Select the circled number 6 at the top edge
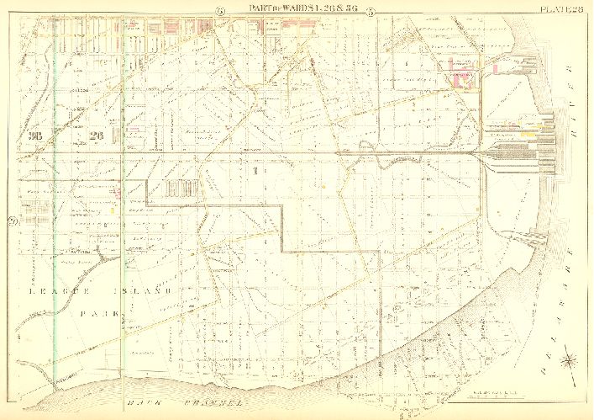(220, 11)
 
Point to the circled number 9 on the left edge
(12, 222)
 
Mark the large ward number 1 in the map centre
(253, 170)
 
